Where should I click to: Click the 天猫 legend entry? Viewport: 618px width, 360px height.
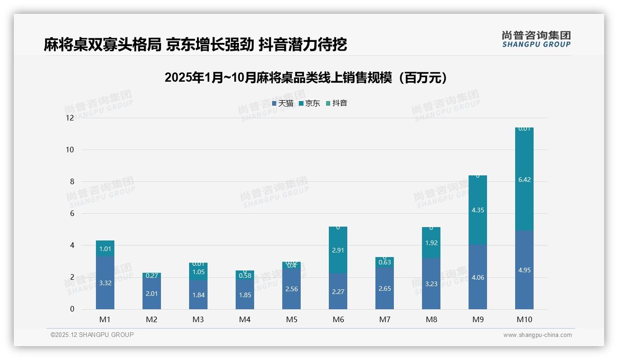pos(283,103)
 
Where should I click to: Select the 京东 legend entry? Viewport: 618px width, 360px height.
pos(309,103)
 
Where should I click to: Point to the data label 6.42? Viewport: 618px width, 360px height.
pos(524,180)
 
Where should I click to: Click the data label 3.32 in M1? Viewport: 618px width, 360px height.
pos(105,283)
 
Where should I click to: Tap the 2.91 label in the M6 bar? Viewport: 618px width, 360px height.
pos(338,250)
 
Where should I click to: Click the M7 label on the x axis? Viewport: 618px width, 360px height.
pos(385,319)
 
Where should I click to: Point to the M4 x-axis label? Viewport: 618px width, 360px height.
pos(245,319)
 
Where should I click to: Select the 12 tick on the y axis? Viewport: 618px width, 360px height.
pos(70,118)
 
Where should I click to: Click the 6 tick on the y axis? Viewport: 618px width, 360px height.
pos(71,213)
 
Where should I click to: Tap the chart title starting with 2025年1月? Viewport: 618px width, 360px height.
pos(306,78)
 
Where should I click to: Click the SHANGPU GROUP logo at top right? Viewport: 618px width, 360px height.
pos(536,39)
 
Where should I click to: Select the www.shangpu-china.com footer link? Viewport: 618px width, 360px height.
pos(537,335)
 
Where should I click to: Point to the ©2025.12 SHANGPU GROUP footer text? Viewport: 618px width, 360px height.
pos(92,335)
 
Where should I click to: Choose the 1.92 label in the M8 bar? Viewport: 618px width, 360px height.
pos(431,243)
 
